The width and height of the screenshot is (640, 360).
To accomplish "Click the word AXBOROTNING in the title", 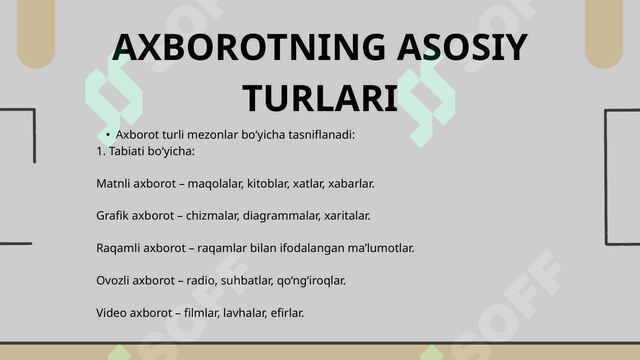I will click(249, 48).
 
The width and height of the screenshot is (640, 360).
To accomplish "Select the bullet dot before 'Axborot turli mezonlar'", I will click(108, 135).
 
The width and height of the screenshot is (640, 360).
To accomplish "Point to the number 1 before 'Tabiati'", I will click(99, 152).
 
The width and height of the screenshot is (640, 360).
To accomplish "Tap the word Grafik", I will click(112, 216).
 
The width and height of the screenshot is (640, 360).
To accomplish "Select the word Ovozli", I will click(113, 280).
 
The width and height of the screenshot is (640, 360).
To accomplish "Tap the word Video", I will click(112, 313).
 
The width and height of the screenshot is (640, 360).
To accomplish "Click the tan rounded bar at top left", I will click(36, 31).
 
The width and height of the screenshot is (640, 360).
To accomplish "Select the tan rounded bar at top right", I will click(604, 31).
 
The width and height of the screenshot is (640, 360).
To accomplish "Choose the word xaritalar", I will click(347, 216).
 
